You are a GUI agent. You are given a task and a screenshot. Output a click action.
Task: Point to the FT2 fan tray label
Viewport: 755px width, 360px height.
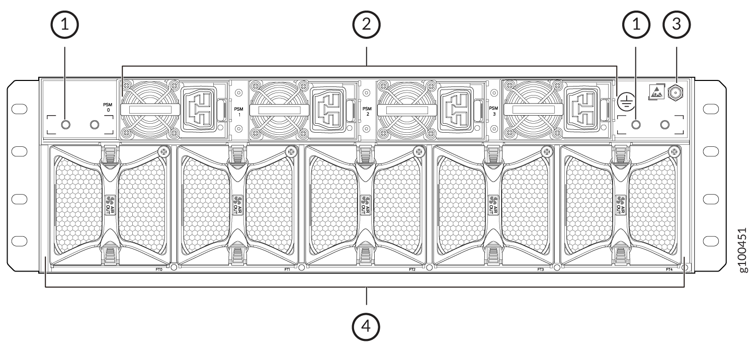(412, 269)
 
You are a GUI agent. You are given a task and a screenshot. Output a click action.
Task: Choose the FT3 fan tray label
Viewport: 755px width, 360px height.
(541, 269)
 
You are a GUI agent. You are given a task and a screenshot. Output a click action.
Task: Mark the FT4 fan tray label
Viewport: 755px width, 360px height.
(669, 269)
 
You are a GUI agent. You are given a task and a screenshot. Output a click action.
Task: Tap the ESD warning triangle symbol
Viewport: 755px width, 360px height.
(656, 92)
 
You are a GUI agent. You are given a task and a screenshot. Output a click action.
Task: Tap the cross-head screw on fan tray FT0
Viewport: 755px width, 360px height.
(163, 151)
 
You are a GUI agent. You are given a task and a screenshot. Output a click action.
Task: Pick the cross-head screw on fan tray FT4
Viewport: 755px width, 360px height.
(675, 151)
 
